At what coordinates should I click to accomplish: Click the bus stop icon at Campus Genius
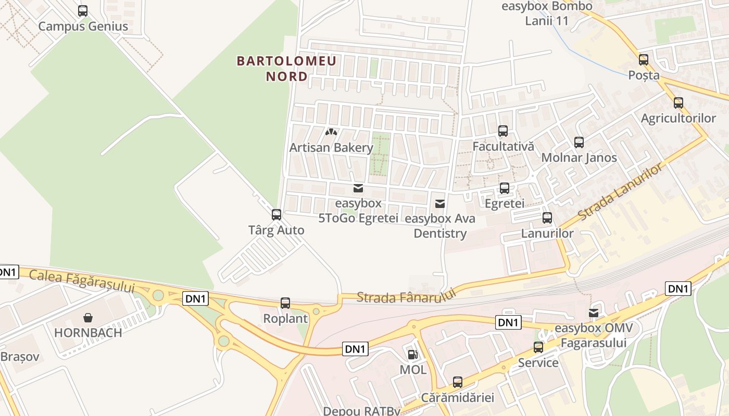(83, 11)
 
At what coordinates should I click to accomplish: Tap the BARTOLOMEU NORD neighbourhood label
(286, 69)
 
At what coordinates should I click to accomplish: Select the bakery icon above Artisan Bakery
(331, 133)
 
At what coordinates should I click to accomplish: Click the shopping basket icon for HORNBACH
(88, 317)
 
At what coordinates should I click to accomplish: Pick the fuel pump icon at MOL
(412, 355)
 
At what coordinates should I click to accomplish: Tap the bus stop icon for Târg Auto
(276, 214)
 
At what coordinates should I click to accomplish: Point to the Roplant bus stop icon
(285, 303)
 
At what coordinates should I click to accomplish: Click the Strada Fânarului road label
(406, 296)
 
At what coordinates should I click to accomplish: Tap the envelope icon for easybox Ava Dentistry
(440, 203)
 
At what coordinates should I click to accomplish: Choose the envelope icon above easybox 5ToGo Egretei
(358, 188)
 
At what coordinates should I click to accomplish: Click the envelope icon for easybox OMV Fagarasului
(593, 313)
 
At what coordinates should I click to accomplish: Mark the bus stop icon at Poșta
(644, 60)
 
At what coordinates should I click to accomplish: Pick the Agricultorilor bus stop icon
(678, 103)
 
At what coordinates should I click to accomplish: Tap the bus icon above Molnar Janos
(579, 142)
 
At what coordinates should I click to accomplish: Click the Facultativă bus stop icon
(502, 131)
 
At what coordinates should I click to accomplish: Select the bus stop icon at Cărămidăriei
(457, 382)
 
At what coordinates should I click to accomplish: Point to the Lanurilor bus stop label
(547, 233)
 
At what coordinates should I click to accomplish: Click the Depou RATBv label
(361, 411)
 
